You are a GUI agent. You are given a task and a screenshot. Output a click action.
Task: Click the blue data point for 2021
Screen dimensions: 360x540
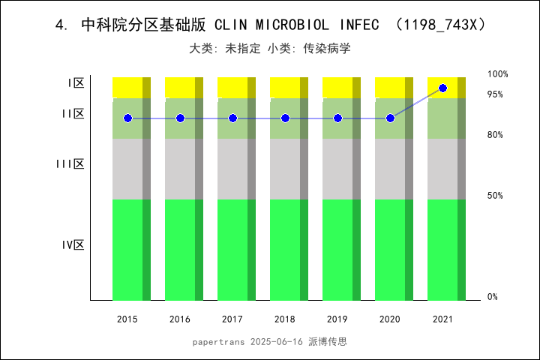(442, 88)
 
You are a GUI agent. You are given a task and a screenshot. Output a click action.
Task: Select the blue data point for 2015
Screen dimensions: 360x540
(127, 118)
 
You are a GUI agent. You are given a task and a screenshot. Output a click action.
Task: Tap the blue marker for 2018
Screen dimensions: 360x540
(285, 118)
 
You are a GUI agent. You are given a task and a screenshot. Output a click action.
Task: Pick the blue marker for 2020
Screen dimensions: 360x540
(390, 118)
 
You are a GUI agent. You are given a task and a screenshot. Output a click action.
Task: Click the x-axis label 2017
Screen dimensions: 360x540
(232, 319)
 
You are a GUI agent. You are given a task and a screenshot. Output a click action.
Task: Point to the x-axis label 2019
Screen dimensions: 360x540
(337, 319)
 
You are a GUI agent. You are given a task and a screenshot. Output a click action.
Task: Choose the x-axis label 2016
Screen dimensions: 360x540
(180, 319)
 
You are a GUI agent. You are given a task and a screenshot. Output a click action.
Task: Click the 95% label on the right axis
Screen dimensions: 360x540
(495, 94)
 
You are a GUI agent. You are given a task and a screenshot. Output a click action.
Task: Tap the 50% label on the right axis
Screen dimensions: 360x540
(495, 196)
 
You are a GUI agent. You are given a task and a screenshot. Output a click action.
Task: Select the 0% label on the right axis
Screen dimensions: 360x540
(493, 297)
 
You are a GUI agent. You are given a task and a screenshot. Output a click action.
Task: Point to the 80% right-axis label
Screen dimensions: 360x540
(495, 135)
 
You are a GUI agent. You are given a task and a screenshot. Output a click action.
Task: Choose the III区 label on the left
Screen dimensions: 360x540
(70, 163)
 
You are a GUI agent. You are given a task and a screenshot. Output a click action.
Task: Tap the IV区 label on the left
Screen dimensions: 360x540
(73, 244)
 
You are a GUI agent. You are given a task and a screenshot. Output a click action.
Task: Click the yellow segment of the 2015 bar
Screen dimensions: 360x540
(127, 87)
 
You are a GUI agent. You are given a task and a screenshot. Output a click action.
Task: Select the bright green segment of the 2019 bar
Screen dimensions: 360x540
(337, 250)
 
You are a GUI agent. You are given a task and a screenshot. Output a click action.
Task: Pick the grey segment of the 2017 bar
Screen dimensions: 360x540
(232, 169)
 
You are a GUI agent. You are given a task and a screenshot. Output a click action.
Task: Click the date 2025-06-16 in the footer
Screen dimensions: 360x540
(276, 342)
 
